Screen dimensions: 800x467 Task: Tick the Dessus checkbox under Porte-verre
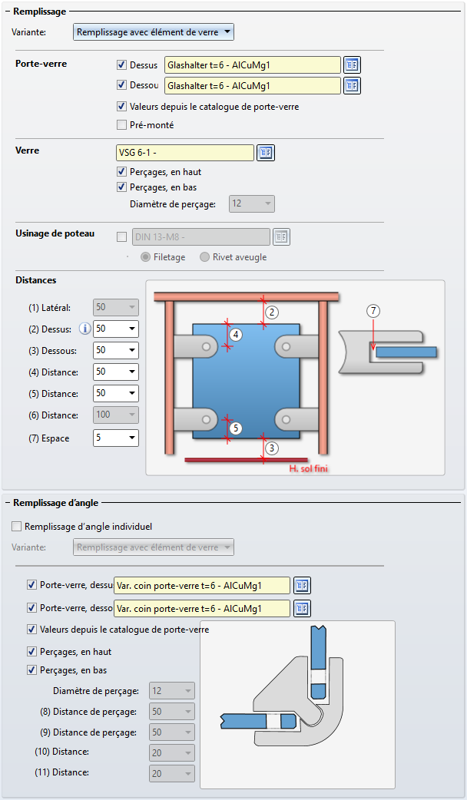[121, 65]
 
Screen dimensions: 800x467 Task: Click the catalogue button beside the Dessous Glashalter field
[352, 85]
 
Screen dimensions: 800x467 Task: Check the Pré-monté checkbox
[121, 125]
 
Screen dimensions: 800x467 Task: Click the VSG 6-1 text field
[184, 153]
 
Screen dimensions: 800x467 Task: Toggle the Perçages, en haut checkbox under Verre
[121, 172]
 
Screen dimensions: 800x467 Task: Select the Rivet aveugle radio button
[204, 257]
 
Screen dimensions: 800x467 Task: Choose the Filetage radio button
[145, 257]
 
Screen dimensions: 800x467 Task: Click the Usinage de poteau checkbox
[121, 237]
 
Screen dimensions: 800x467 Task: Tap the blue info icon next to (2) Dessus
[85, 329]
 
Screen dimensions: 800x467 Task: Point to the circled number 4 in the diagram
[236, 335]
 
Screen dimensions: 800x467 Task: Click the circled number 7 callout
[373, 311]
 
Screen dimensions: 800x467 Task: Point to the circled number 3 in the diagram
[272, 448]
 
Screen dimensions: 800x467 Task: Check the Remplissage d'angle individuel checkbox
[17, 527]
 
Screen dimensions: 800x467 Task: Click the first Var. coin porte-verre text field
[201, 586]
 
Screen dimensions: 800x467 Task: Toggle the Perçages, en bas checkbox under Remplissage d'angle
[31, 669]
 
